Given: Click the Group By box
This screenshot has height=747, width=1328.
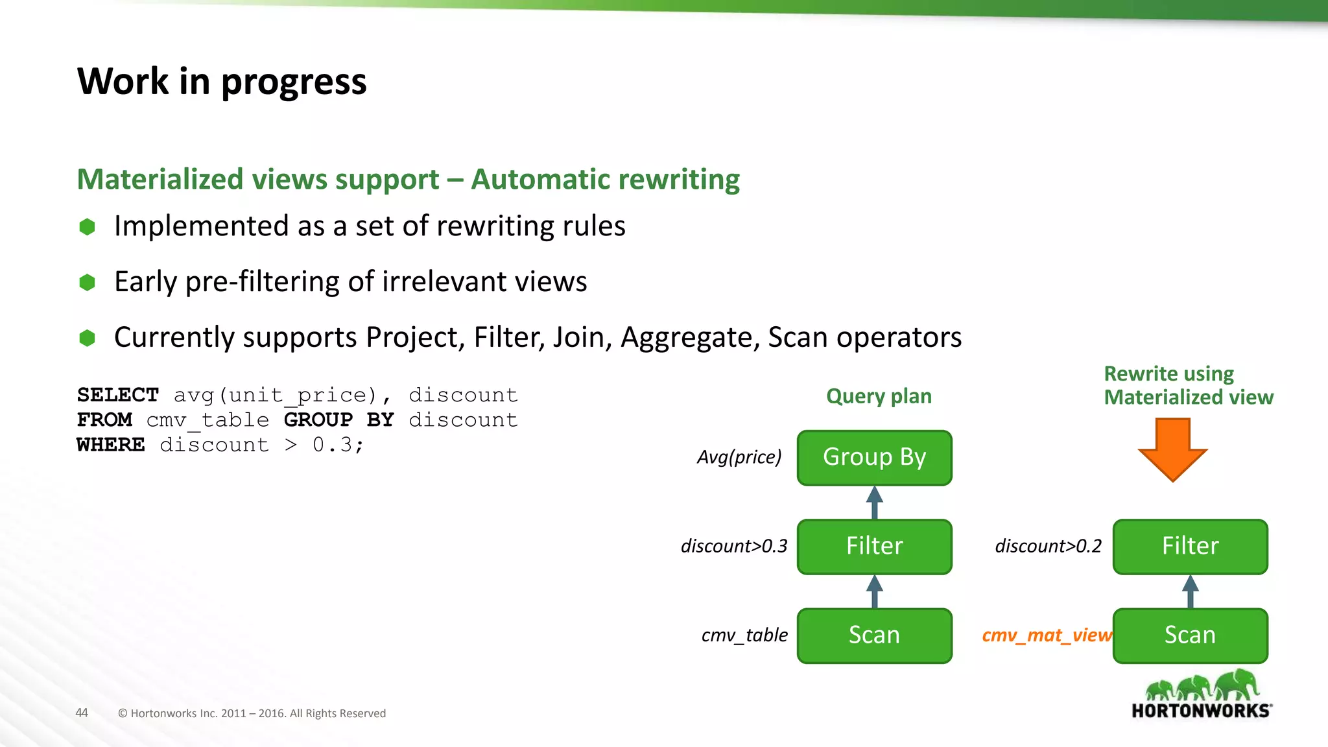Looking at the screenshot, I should pos(874,458).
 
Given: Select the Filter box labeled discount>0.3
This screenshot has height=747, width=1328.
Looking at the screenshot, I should pos(874,547).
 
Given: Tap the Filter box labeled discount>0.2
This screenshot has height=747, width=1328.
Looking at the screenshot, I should pos(1190,547).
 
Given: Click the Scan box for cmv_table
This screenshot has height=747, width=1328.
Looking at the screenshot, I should pos(874,635).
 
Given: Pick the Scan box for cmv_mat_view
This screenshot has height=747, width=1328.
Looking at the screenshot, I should pos(1190,635).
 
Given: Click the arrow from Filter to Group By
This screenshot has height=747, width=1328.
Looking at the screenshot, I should pos(875,503).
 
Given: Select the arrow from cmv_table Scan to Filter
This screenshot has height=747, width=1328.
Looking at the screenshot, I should pos(875,591).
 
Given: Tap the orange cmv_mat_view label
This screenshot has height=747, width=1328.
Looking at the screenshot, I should pos(1046,635).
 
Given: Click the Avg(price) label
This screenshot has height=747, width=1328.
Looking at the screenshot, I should pos(739,458).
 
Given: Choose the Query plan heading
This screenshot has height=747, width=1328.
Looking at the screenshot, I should pos(879,396).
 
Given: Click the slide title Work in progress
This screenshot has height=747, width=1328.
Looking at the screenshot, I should pos(222,82).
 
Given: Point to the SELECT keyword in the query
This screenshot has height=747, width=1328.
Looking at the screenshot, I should pos(117,395).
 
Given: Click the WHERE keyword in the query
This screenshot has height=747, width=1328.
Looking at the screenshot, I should pos(111,445).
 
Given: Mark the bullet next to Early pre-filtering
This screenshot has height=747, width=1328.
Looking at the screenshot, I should pos(87,282).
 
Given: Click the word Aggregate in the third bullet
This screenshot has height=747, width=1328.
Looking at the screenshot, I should pos(689,338).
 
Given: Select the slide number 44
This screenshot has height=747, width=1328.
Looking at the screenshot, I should pos(82,713).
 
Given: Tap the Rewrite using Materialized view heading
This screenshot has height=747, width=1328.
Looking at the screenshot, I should pos(1188,385).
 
